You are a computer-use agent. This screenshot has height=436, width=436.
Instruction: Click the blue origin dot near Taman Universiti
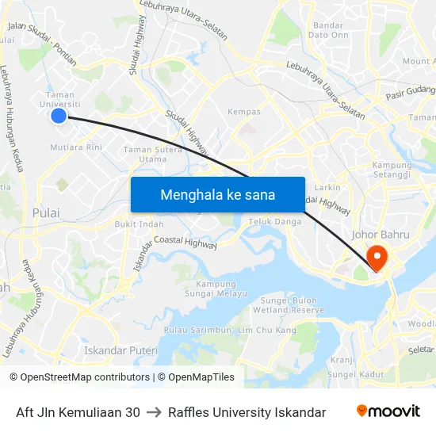tap(58, 116)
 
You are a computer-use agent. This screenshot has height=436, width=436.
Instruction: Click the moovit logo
tap(388, 411)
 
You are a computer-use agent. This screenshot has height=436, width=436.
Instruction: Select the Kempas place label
tap(244, 112)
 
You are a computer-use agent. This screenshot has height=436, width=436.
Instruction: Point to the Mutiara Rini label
tap(76, 147)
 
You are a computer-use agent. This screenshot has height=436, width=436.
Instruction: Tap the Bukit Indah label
tap(140, 224)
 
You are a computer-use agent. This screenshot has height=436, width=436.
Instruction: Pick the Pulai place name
tap(46, 213)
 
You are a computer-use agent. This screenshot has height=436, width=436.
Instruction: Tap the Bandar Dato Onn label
tap(328, 30)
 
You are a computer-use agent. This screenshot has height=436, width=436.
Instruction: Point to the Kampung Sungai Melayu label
tap(205, 289)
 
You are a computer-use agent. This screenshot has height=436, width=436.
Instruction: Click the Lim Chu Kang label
tap(267, 330)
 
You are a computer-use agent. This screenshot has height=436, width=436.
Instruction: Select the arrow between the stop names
tap(154, 412)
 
